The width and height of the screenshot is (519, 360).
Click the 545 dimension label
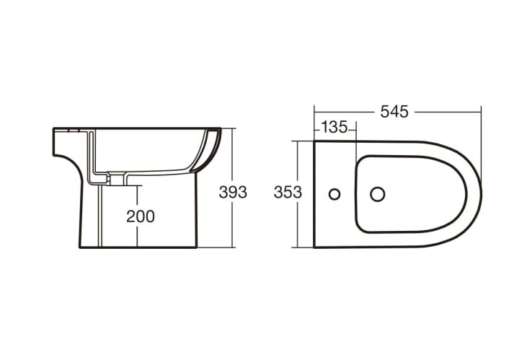394,112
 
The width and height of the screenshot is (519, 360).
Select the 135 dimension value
334,127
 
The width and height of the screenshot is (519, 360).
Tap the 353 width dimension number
288,193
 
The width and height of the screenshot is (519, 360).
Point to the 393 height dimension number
233,193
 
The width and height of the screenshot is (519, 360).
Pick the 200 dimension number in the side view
141,216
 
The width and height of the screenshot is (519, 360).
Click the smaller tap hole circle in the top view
334,194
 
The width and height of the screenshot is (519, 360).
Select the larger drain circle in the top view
378,194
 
